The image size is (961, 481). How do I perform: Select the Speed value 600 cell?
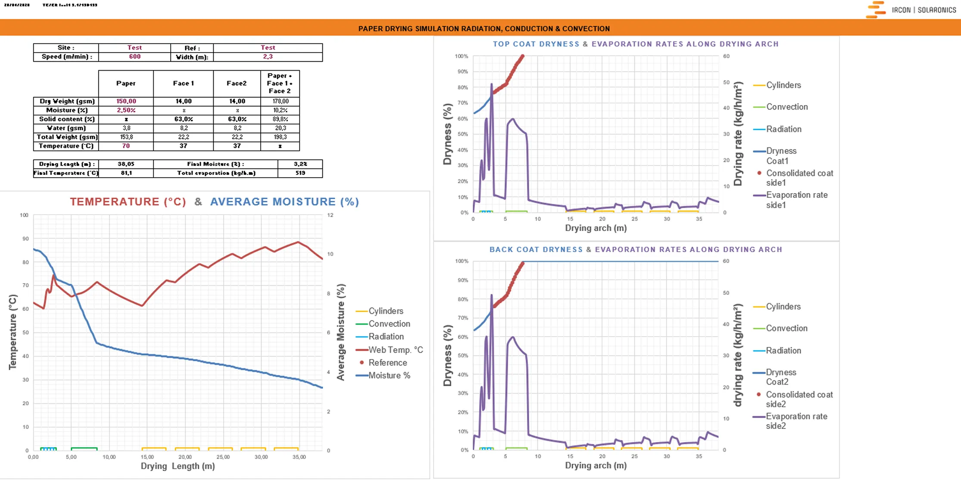(x=134, y=56)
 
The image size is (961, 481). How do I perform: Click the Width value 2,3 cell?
(x=268, y=56)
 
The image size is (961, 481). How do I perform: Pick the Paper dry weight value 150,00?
(x=126, y=101)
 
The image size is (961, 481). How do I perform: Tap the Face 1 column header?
(x=183, y=83)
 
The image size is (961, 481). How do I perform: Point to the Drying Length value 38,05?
(x=126, y=164)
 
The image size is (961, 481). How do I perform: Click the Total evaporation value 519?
(x=300, y=173)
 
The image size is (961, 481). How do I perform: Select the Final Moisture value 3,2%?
(x=300, y=164)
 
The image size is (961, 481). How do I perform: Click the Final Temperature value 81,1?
(x=126, y=173)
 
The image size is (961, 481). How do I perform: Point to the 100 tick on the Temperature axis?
(x=24, y=215)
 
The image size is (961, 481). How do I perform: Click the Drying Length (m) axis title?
(x=178, y=466)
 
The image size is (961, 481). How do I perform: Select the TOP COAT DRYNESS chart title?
(x=536, y=44)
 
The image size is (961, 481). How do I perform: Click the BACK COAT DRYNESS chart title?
(x=536, y=250)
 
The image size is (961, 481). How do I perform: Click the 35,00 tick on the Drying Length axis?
(x=299, y=457)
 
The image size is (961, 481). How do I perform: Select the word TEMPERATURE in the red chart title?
(x=128, y=202)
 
